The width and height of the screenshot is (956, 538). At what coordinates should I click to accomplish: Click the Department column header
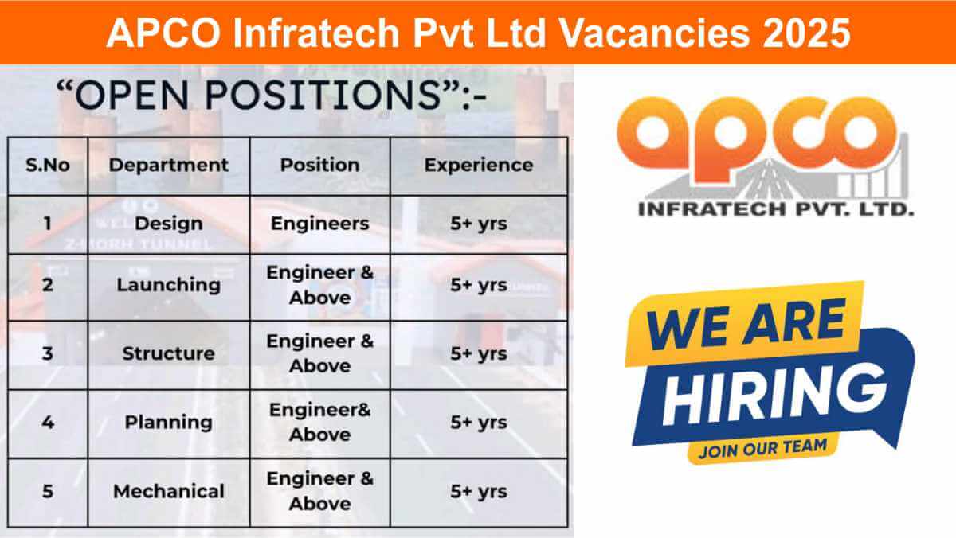(168, 166)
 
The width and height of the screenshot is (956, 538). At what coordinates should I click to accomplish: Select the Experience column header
(478, 166)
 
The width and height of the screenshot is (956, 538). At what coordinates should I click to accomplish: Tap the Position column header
(319, 166)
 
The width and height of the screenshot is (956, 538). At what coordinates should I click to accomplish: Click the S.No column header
(48, 166)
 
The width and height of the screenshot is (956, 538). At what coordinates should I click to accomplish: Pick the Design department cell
(168, 224)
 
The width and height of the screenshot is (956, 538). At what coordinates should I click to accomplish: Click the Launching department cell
(168, 285)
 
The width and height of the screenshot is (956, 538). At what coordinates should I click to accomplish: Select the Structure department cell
(168, 353)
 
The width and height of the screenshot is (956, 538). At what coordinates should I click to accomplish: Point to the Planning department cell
(168, 422)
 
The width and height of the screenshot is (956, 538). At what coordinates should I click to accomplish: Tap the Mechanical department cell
(168, 491)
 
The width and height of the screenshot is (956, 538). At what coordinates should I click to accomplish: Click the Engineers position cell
(319, 224)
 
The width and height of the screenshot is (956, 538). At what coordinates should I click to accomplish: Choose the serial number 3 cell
(48, 353)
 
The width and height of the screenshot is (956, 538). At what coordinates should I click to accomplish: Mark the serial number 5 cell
(48, 491)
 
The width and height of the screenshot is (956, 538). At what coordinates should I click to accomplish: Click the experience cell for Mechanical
(478, 491)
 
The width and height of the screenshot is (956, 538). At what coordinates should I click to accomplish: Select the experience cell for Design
(478, 224)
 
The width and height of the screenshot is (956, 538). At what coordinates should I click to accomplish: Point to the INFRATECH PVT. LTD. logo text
(776, 210)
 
